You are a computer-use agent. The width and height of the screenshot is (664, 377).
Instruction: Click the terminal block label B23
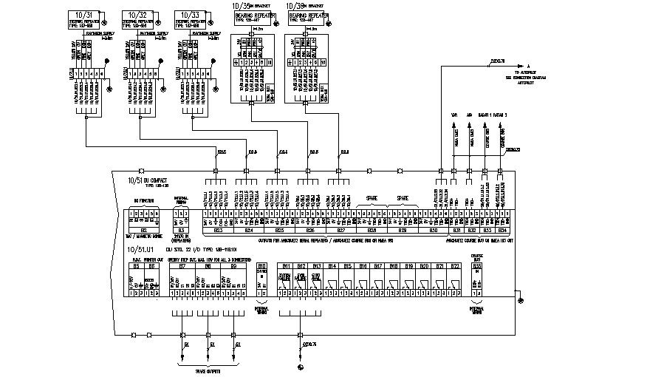click(x=218, y=230)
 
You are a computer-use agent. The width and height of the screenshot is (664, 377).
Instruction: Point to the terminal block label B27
click(x=340, y=230)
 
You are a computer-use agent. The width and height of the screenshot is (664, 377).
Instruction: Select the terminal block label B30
click(x=434, y=230)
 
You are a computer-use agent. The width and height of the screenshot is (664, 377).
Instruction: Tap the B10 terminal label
click(x=261, y=265)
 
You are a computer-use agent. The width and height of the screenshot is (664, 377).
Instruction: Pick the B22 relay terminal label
click(x=455, y=265)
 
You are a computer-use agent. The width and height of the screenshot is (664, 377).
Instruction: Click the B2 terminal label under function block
click(x=145, y=230)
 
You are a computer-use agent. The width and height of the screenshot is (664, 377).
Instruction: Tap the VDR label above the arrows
click(x=453, y=115)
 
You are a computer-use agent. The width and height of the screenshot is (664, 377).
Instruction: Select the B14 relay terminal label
click(x=332, y=265)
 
